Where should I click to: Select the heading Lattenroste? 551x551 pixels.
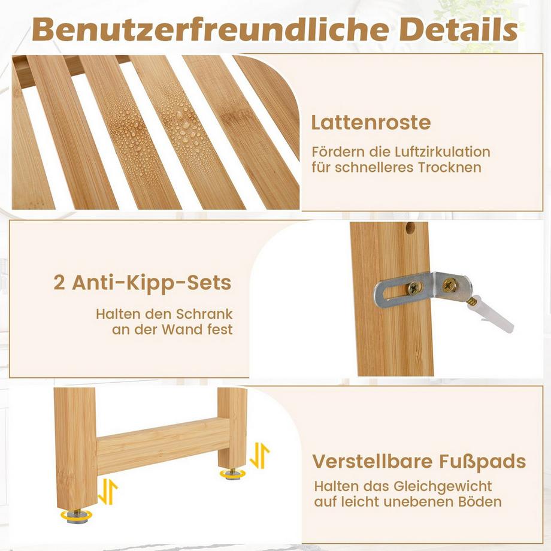point(371,122)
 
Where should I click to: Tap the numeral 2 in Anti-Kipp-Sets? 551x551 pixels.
point(59,283)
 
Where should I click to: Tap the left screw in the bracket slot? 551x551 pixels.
point(414,288)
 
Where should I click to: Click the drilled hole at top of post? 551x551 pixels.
point(410,228)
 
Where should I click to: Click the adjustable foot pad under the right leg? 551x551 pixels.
point(231,474)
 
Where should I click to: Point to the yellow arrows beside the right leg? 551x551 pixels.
point(259,456)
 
